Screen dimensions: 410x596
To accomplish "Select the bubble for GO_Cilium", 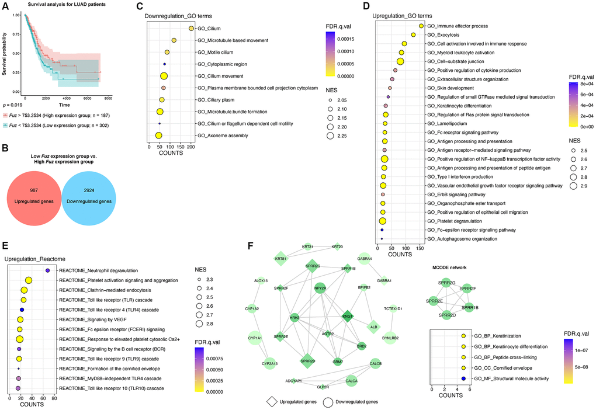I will [191, 28].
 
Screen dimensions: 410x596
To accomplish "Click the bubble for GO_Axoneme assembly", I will [158, 135].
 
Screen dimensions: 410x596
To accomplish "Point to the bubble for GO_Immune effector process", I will [421, 26].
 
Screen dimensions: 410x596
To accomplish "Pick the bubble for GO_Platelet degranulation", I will [383, 221].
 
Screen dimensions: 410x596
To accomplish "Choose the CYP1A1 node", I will [255, 338].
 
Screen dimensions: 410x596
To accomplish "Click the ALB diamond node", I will [373, 328].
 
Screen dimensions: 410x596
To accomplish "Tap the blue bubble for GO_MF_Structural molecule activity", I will [463, 378].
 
